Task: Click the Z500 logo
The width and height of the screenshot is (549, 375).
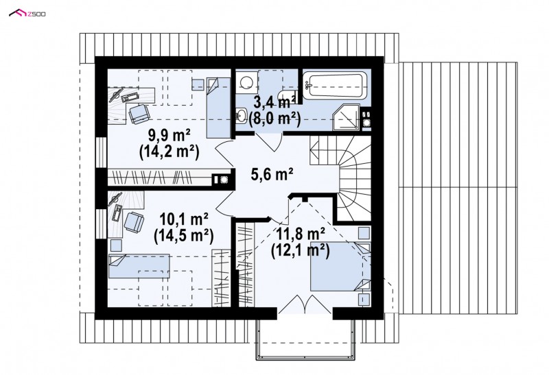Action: pyautogui.click(x=27, y=13)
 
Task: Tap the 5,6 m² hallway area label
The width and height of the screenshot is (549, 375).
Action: pyautogui.click(x=272, y=173)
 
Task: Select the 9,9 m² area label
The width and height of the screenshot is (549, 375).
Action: pyautogui.click(x=170, y=134)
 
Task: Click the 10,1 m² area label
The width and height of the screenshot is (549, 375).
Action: pyautogui.click(x=184, y=219)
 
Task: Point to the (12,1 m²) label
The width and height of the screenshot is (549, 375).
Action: pyautogui.click(x=301, y=250)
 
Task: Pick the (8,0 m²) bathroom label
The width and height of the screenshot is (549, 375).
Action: pyautogui.click(x=275, y=119)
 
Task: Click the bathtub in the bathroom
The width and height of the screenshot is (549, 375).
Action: pyautogui.click(x=335, y=86)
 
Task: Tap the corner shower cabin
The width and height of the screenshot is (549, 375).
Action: pyautogui.click(x=346, y=117)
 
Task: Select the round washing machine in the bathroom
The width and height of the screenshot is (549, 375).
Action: pyautogui.click(x=246, y=82)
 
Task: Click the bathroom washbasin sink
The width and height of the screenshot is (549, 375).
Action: pyautogui.click(x=241, y=115)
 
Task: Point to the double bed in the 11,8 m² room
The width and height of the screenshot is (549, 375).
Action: pyautogui.click(x=340, y=267)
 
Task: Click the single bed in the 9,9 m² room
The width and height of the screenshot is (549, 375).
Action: pyautogui.click(x=218, y=108)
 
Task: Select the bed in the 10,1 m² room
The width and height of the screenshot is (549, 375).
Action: pyautogui.click(x=139, y=266)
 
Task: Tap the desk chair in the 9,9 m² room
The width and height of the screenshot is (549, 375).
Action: pyautogui.click(x=139, y=113)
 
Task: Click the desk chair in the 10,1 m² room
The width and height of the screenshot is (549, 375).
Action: pyautogui.click(x=134, y=223)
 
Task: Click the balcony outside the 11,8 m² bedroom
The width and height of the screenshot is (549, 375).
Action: pyautogui.click(x=305, y=339)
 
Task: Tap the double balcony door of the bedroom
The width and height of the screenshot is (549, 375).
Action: pyautogui.click(x=305, y=304)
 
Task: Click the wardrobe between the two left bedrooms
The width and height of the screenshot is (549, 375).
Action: pyautogui.click(x=169, y=178)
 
